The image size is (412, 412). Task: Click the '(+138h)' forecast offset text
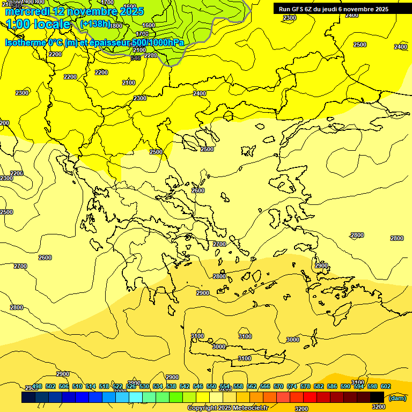click(x=95, y=24)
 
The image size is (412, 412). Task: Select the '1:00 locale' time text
click(x=38, y=24)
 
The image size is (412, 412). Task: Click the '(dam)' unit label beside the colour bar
click(x=397, y=398)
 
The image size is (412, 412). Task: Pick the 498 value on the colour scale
click(x=36, y=386)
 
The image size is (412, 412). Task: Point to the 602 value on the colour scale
click(x=385, y=386)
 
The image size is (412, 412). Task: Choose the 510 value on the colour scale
click(x=77, y=386)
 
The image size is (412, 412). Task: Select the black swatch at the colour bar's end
click(x=377, y=397)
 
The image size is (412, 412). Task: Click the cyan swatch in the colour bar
click(x=136, y=397)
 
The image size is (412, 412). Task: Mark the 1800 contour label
click(x=116, y=26)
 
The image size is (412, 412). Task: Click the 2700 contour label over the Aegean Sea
click(x=219, y=244)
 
